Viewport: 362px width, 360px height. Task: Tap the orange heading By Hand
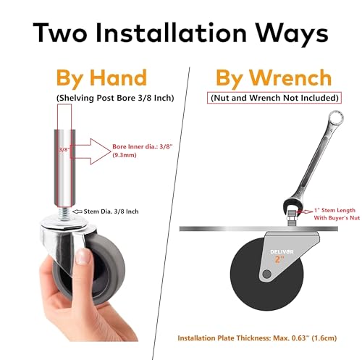101,78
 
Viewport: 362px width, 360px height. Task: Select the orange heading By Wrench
274,78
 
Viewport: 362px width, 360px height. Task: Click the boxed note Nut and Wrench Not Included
274,98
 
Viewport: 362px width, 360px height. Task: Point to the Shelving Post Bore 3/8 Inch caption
115,98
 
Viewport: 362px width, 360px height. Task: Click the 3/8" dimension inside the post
64,150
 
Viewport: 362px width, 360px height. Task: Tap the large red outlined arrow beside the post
90,151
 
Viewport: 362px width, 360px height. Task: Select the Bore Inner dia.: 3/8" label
143,146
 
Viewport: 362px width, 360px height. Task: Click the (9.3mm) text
125,155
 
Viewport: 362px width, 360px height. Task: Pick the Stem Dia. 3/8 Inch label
111,212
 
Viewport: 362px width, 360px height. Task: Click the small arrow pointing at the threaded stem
77,212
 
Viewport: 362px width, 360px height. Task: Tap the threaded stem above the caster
64,214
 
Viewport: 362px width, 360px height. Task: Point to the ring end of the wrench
336,118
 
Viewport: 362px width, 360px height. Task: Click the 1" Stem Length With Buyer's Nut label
337,214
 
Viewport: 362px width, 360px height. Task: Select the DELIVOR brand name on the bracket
282,252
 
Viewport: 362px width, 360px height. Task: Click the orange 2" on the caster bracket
280,259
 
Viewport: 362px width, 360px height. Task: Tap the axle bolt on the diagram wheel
266,274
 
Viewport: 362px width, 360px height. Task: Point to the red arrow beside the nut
305,212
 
